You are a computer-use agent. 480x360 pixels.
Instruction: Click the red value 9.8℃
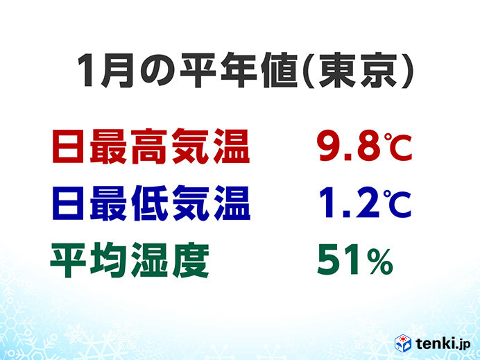[365, 146]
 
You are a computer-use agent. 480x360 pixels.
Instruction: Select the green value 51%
[354, 260]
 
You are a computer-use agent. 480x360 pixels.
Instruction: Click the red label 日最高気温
[151, 146]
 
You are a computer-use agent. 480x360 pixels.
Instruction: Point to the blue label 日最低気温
[151, 203]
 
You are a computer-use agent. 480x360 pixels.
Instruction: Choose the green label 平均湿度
[130, 260]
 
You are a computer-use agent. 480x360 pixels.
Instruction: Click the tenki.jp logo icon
[402, 343]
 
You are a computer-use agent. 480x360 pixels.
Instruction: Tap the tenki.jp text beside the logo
[443, 343]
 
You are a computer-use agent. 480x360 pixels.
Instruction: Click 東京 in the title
[357, 71]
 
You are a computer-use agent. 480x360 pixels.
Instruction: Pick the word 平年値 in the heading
[239, 71]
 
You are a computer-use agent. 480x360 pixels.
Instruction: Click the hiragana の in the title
[157, 71]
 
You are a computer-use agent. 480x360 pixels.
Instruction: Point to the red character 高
[149, 146]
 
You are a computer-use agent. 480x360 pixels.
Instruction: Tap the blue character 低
[149, 203]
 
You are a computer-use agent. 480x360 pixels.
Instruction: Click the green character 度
[191, 260]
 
